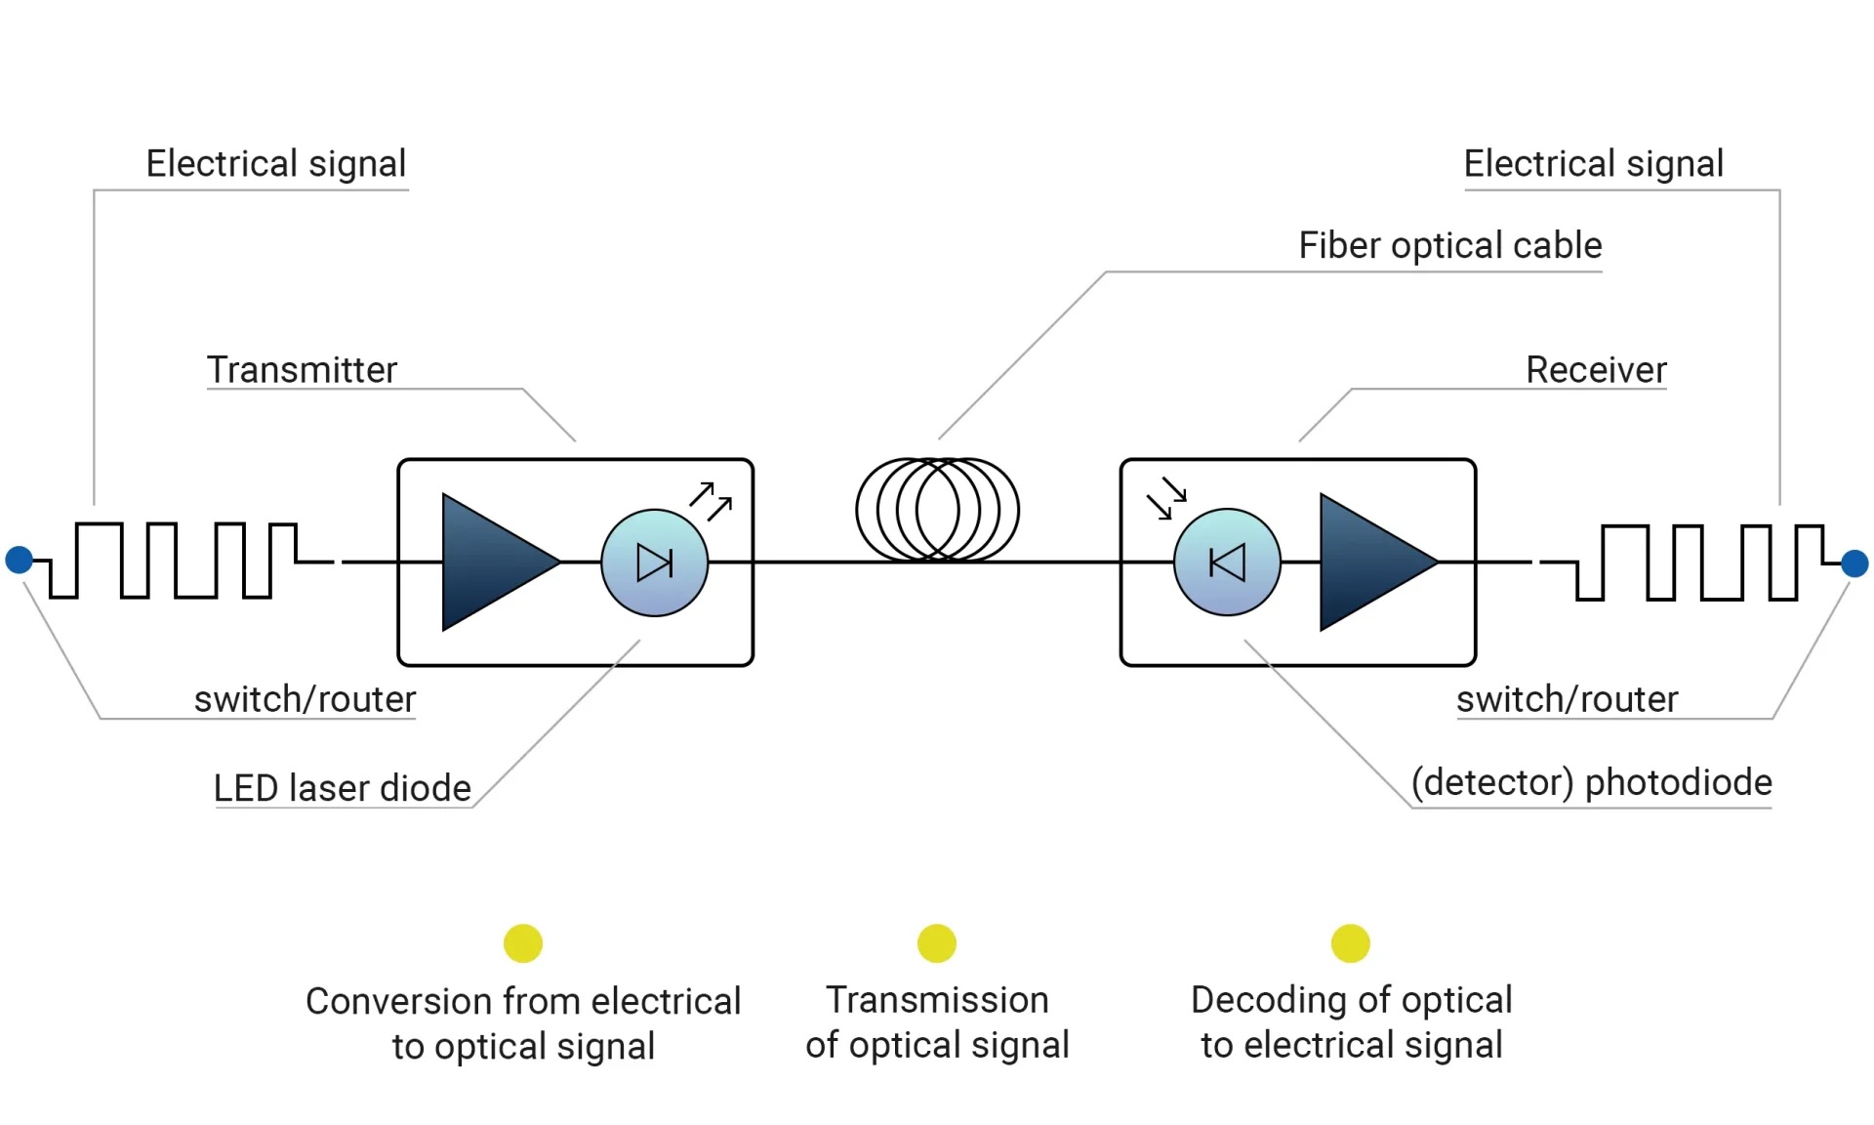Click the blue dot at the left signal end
(19, 560)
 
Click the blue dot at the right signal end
(1854, 563)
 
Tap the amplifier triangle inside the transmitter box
(493, 562)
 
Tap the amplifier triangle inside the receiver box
(1370, 562)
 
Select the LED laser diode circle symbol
(655, 563)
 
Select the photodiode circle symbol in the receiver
(1227, 562)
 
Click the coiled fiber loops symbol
(937, 510)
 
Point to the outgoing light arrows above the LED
(711, 500)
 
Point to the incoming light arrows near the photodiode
(1166, 499)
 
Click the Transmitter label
(302, 370)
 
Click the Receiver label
(1596, 370)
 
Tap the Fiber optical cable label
(1449, 245)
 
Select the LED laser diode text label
(342, 788)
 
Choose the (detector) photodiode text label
(1591, 782)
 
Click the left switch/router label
(305, 699)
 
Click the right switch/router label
(1567, 699)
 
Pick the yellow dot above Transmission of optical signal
(937, 943)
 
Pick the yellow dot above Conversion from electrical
(523, 943)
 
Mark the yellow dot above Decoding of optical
(1351, 943)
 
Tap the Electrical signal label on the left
(275, 164)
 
